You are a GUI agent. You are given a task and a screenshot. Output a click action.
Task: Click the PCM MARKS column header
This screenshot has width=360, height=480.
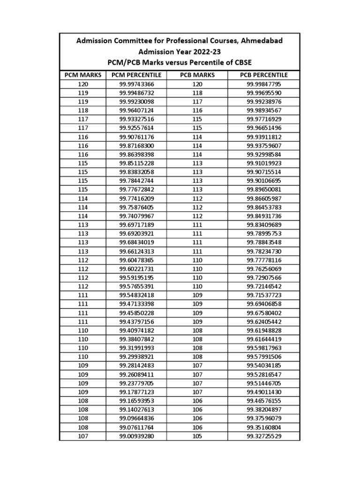83,75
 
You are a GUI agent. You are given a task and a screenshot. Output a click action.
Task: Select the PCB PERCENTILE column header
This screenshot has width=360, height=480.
264,75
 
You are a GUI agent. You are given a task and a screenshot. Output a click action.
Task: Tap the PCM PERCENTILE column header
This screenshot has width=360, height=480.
136,75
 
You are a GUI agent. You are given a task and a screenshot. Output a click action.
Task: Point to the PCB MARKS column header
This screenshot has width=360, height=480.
197,75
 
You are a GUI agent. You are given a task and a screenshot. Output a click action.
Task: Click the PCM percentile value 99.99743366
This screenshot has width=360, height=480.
136,84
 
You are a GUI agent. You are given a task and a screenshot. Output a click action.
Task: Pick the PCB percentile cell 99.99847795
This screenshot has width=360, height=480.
264,84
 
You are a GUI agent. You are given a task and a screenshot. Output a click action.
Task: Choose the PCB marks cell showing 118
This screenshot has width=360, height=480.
197,93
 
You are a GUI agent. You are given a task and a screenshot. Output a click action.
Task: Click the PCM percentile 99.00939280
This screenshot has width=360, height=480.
136,436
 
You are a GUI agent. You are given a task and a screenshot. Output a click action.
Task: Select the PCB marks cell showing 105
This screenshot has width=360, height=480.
197,436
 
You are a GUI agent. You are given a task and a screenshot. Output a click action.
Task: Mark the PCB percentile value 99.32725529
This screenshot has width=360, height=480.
264,436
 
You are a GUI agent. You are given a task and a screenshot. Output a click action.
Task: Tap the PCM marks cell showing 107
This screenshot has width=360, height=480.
83,436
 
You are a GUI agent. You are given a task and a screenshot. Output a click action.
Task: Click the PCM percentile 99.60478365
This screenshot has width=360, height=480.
136,260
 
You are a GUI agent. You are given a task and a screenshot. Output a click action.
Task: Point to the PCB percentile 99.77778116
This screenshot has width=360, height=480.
264,260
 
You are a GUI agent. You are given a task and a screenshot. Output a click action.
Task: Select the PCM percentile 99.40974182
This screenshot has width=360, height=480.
136,330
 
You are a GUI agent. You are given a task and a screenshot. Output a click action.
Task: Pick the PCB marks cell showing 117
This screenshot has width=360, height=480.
197,102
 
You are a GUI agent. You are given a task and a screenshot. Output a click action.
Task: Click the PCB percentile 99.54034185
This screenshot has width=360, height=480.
264,366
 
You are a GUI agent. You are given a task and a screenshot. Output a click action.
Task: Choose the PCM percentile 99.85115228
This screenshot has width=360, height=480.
136,163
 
